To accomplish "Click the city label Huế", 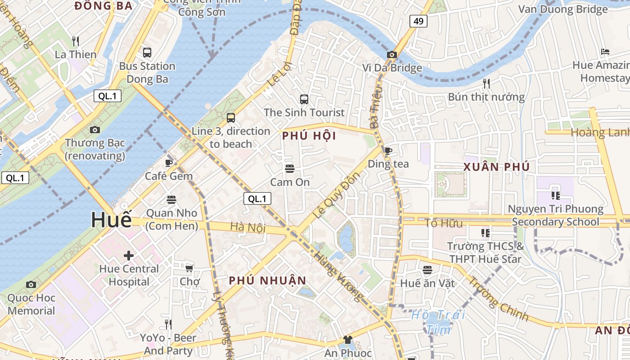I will tap(111, 220).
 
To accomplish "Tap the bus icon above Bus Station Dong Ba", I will tap(147, 53).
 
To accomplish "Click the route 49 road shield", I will tap(418, 21).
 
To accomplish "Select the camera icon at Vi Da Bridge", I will tap(392, 55).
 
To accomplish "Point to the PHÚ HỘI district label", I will tap(309, 136).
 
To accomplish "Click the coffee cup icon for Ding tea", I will tap(388, 151).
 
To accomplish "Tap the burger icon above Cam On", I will tap(290, 169).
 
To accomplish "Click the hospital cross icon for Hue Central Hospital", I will tap(129, 256).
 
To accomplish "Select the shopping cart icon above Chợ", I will tap(189, 268).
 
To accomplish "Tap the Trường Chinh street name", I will tap(499, 299).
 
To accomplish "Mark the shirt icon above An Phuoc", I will tap(348, 340).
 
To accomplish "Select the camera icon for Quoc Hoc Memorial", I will tap(31, 284).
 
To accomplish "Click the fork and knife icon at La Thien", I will tap(76, 41).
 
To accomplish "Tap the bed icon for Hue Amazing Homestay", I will tap(605, 52).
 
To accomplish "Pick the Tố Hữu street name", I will tap(443, 223).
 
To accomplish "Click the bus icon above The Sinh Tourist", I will tap(304, 99).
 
